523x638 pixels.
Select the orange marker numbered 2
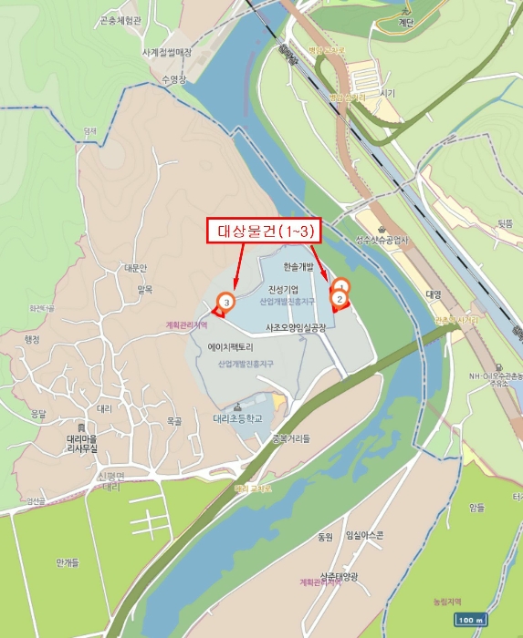click(340, 298)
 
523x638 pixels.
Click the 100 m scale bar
click(469, 620)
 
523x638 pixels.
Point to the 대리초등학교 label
click(237, 419)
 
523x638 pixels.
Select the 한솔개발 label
click(298, 268)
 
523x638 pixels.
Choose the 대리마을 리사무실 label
click(89, 443)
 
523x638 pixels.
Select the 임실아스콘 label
click(357, 536)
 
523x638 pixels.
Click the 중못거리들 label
click(290, 438)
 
